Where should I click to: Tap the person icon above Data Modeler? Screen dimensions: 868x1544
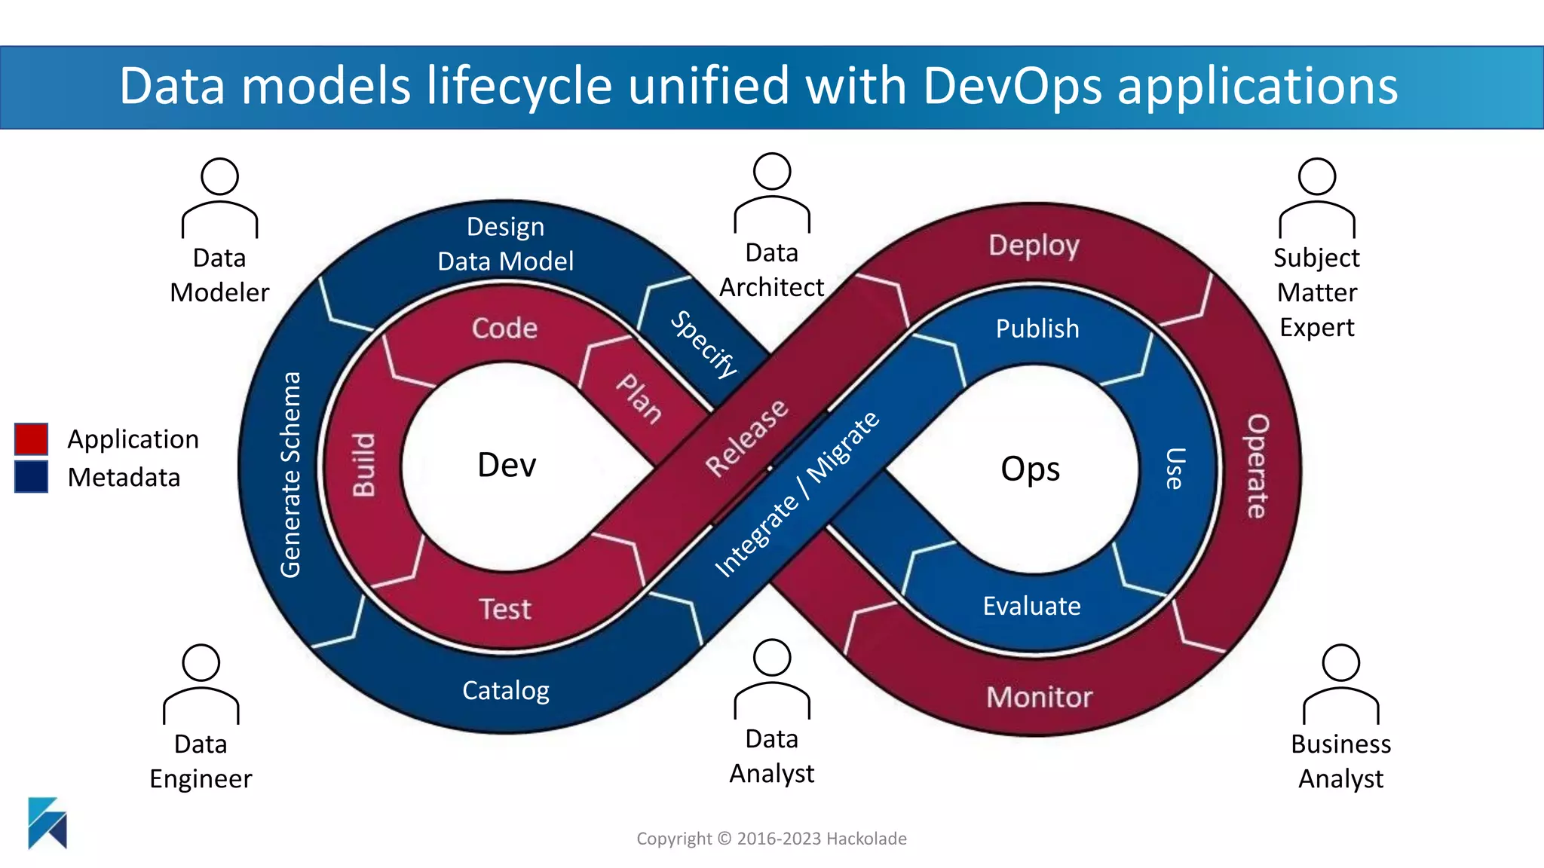219,197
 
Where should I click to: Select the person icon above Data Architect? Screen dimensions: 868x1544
772,192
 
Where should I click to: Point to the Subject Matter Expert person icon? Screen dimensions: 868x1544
1316,197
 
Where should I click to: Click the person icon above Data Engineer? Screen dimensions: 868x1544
201,683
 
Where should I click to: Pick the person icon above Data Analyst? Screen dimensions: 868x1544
772,678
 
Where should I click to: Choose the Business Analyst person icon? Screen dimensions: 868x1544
1340,683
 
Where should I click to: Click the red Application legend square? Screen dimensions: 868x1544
31,439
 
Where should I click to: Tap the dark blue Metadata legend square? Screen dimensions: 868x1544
31,477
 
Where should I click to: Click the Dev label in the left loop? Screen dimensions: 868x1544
507,465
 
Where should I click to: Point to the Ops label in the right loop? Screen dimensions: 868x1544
1030,469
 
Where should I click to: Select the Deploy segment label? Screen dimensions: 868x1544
1034,246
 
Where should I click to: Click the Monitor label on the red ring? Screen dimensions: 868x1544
1039,697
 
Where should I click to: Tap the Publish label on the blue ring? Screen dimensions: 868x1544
1037,329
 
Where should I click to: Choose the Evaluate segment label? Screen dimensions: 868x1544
1031,606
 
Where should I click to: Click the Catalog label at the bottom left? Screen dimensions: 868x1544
505,690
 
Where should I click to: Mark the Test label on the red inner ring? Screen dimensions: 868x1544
505,609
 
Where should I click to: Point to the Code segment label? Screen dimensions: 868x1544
504,329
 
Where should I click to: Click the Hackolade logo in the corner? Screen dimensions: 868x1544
47,823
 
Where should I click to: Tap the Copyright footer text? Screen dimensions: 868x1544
771,839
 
